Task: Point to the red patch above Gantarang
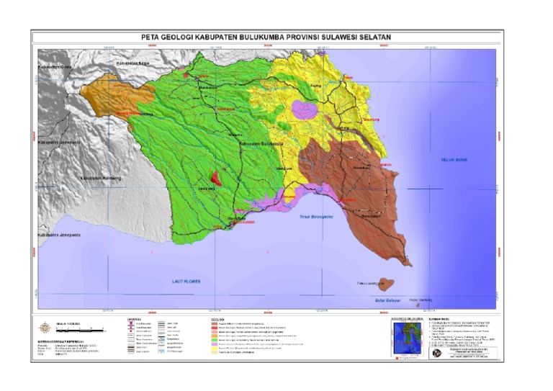[216, 178]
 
